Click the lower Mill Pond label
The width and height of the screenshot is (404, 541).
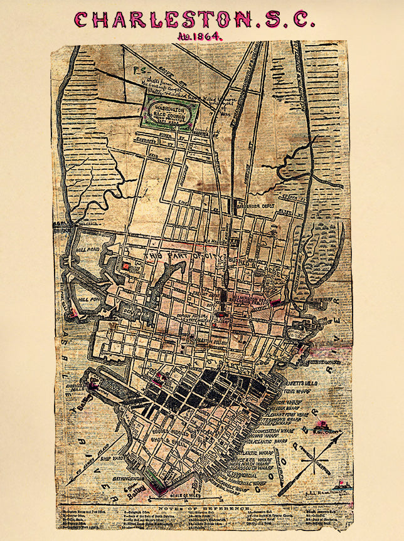tap(86, 299)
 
